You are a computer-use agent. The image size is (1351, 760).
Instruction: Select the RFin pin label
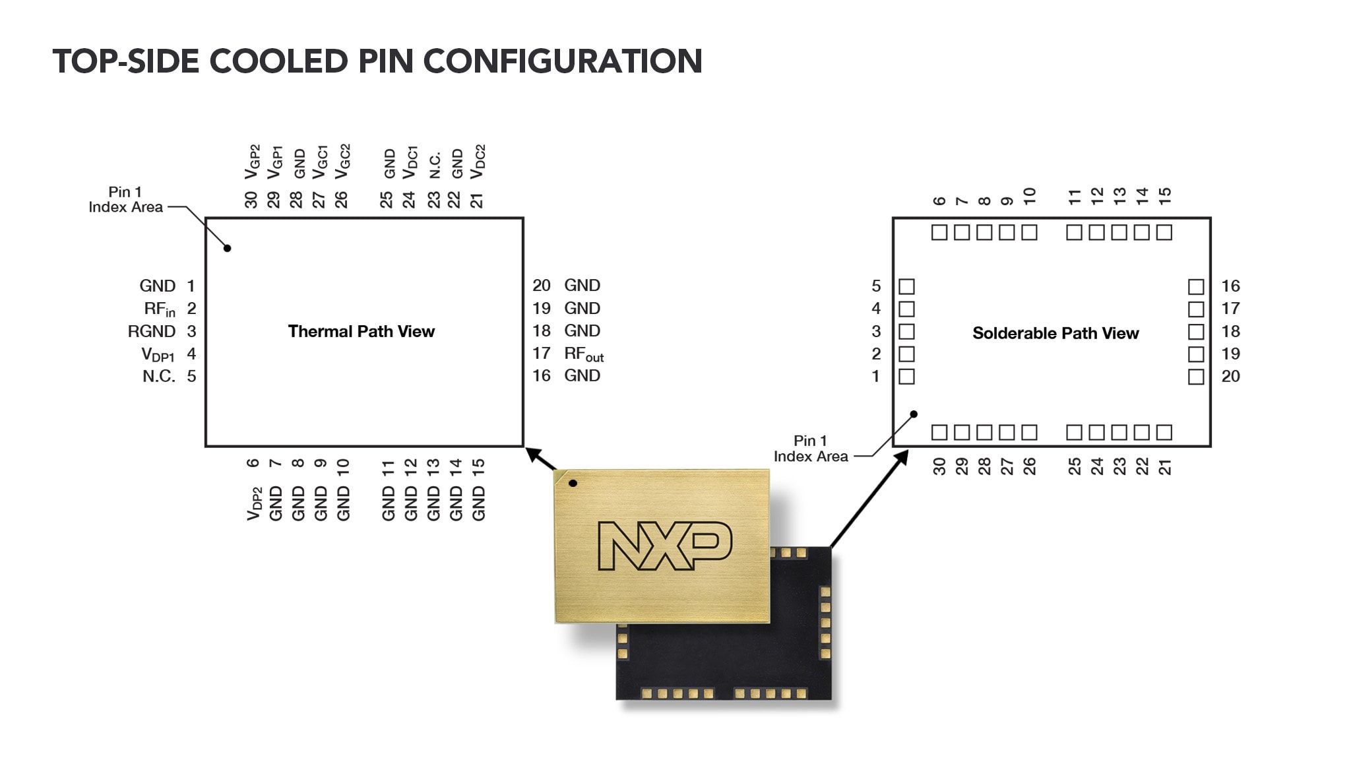160,309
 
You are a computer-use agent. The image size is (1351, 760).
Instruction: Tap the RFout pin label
584,354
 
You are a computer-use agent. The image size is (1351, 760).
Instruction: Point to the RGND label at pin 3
152,331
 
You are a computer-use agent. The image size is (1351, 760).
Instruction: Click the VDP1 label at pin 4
158,354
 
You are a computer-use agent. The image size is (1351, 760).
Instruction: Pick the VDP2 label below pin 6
255,503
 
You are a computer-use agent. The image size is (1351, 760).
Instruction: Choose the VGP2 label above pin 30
252,162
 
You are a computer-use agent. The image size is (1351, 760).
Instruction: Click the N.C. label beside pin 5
159,377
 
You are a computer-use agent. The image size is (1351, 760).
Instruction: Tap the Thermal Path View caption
361,331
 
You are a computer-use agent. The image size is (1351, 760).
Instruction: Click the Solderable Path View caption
1055,333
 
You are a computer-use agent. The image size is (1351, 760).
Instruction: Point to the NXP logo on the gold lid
664,546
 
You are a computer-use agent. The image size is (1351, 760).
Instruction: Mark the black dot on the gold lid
573,484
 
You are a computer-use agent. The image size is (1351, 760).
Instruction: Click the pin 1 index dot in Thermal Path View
227,249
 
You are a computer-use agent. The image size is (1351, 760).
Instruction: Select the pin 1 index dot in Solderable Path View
914,414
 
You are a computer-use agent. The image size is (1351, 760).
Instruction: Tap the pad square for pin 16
1196,287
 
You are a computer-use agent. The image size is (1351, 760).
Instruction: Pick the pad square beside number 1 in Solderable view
907,377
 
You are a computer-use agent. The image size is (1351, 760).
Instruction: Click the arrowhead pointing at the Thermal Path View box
534,455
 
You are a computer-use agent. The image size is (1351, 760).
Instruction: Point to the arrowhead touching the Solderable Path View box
902,457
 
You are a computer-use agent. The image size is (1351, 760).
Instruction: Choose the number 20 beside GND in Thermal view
542,286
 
